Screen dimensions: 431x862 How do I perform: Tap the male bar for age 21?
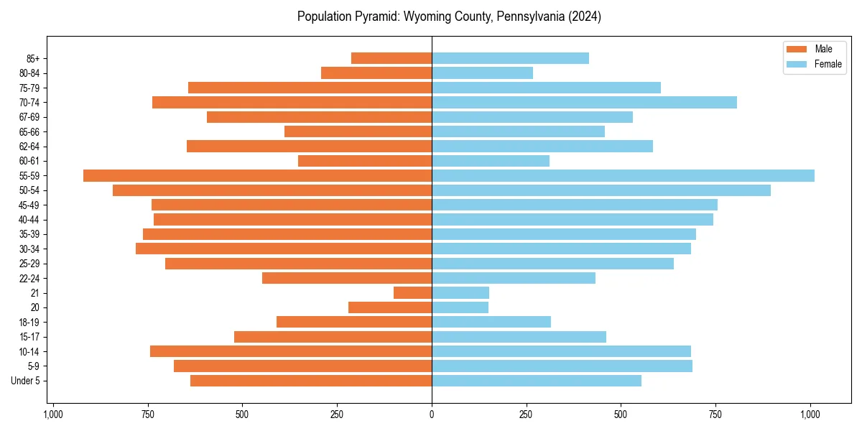point(412,292)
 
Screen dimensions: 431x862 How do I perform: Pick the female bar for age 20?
point(460,307)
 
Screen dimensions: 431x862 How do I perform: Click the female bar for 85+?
point(510,58)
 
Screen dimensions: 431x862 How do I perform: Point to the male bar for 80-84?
point(376,73)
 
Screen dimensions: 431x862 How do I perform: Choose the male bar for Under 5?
point(310,381)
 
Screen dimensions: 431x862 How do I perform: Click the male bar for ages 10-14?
point(290,351)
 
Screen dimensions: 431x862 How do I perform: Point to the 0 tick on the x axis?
point(432,414)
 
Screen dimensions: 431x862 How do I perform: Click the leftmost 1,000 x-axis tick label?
point(52,414)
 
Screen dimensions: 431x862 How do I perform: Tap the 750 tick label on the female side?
point(715,414)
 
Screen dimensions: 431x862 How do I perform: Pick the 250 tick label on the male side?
point(337,414)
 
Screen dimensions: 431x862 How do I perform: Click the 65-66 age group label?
point(29,131)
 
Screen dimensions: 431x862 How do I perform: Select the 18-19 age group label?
point(29,322)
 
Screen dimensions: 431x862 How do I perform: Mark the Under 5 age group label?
point(26,381)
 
